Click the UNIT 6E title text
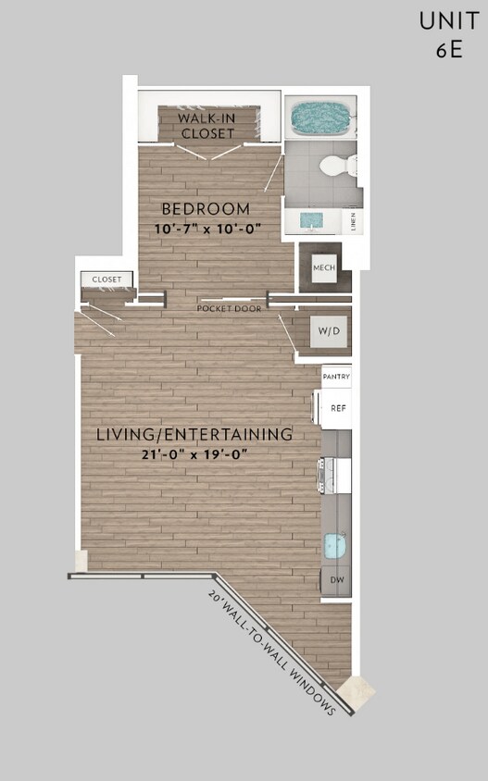448,34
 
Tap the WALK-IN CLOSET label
206,125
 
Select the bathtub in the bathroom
321,118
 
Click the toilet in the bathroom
337,167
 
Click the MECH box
322,267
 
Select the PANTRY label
336,378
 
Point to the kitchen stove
335,476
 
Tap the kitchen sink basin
335,546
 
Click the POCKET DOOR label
229,308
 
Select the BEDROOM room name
206,208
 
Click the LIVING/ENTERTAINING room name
194,434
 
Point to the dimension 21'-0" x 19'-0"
194,453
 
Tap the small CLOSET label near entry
106,279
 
